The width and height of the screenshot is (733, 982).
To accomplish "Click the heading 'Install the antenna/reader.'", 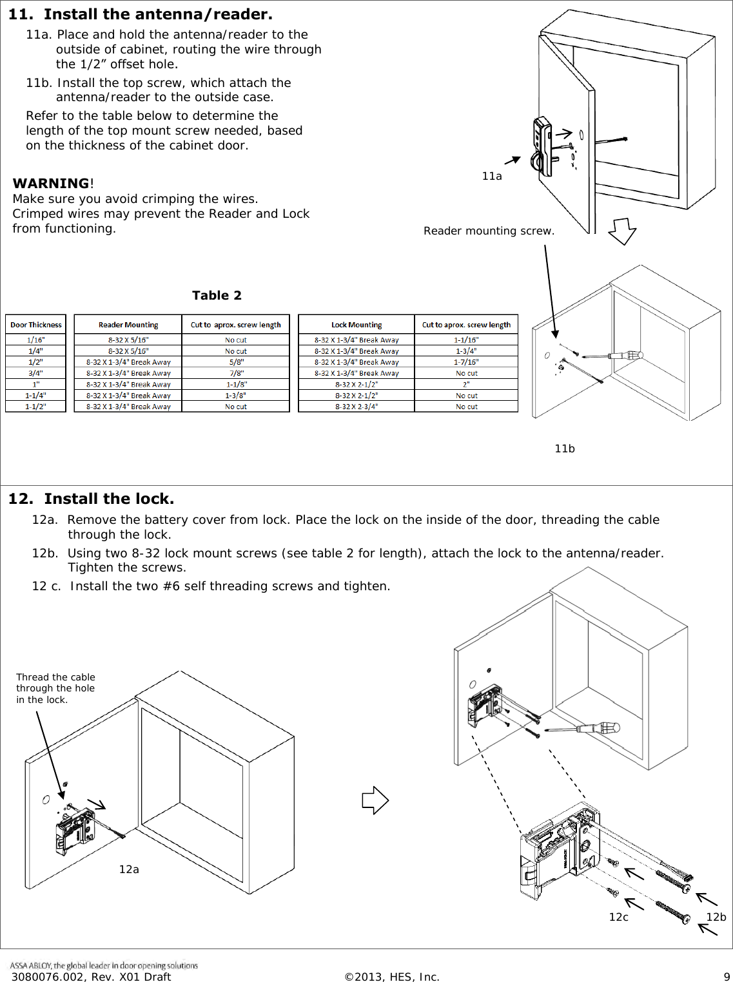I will pyautogui.click(x=158, y=14).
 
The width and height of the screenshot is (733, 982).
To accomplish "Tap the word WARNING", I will pyautogui.click(x=51, y=184).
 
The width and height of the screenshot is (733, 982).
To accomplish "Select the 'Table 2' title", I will pyautogui.click(x=217, y=296).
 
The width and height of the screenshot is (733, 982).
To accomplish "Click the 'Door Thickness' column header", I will pyautogui.click(x=36, y=325).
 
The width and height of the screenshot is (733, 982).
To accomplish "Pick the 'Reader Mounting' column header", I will pyautogui.click(x=128, y=325).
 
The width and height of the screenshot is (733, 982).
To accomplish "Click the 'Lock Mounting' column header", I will pyautogui.click(x=357, y=325).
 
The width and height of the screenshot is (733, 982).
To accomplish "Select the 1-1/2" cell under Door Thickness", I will pyautogui.click(x=36, y=407).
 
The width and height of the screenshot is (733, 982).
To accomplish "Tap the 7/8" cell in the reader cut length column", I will pyautogui.click(x=236, y=373).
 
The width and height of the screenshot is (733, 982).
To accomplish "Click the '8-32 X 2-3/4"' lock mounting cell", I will pyautogui.click(x=357, y=407).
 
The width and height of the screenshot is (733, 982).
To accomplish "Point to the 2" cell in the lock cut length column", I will pyautogui.click(x=466, y=384).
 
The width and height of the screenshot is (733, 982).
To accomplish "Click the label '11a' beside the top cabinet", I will pyautogui.click(x=492, y=177).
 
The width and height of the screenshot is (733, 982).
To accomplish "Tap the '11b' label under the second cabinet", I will pyautogui.click(x=565, y=449).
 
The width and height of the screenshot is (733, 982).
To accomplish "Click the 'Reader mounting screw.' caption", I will pyautogui.click(x=489, y=231).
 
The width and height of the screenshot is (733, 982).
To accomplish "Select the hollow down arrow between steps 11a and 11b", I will pyautogui.click(x=622, y=231).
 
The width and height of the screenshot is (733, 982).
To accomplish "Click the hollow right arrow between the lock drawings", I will pyautogui.click(x=375, y=801).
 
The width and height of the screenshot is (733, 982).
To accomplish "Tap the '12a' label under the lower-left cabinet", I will pyautogui.click(x=129, y=870).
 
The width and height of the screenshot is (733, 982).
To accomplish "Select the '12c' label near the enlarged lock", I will pyautogui.click(x=619, y=918).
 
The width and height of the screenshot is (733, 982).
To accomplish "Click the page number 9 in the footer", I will pyautogui.click(x=727, y=977).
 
